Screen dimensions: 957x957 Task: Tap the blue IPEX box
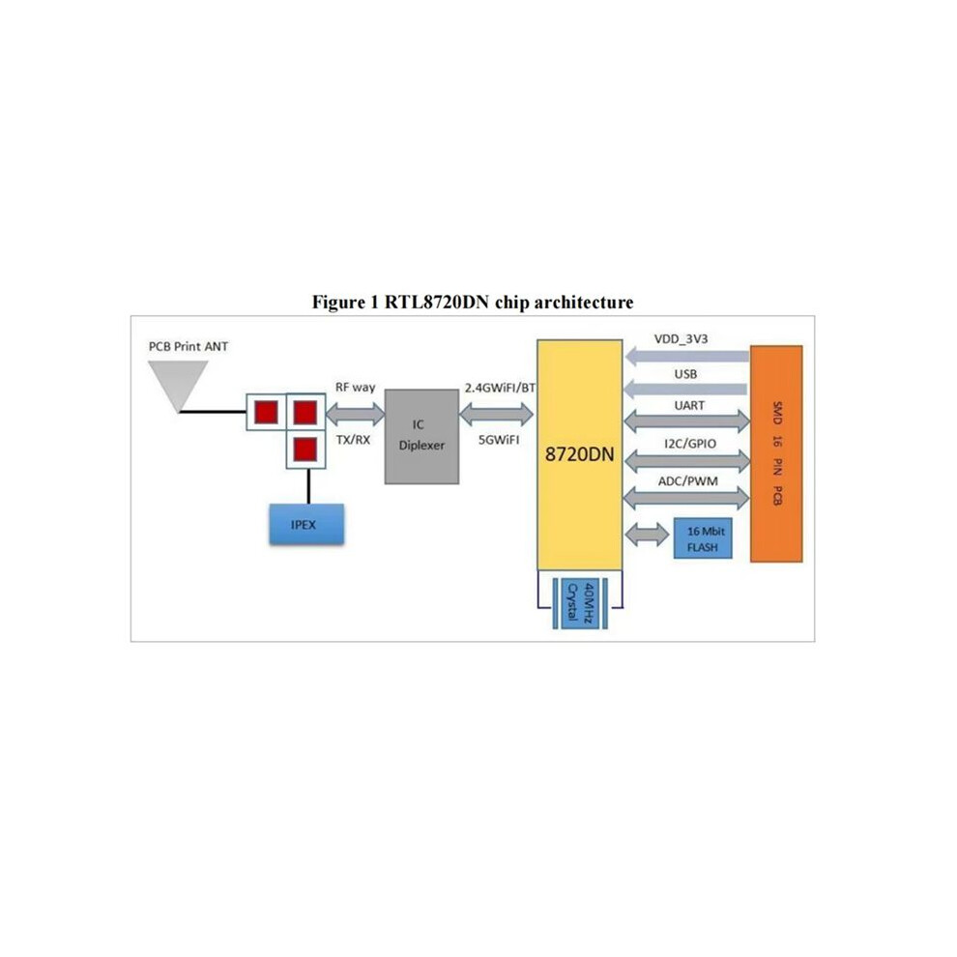306,524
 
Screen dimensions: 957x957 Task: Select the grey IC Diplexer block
421,436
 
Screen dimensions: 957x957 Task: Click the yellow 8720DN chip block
579,454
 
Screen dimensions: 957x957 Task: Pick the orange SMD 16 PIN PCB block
776,453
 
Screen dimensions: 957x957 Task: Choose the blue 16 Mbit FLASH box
703,538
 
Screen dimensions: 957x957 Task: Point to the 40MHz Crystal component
580,603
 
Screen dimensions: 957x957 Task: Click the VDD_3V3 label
681,339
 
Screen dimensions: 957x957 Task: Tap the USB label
685,374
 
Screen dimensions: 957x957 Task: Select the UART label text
689,405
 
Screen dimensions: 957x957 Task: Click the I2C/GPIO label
689,444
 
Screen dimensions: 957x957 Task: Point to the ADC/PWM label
688,481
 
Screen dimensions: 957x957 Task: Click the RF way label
355,387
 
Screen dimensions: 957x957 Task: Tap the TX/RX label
353,440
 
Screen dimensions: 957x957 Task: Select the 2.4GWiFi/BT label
500,388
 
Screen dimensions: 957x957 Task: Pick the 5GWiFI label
499,440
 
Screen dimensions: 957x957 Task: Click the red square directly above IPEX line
305,449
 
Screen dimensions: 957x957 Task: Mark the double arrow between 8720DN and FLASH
647,535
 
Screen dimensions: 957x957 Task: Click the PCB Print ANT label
188,347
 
